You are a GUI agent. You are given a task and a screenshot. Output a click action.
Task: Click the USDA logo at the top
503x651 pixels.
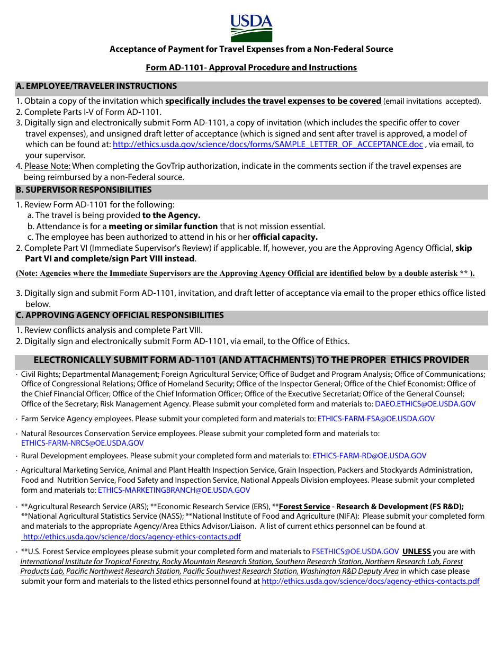(x=251, y=28)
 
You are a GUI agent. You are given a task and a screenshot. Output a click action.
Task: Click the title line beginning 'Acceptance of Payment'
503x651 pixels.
(x=251, y=49)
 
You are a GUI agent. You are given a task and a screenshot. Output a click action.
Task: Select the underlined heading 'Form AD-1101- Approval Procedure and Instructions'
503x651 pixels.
(x=251, y=68)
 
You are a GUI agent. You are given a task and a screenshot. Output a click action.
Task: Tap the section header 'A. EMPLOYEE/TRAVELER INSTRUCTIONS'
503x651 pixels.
(x=96, y=86)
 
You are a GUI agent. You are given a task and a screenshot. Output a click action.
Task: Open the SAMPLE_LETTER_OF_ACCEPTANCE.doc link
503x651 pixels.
(x=268, y=144)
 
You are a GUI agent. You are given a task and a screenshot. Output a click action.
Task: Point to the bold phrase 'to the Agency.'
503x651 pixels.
(x=171, y=215)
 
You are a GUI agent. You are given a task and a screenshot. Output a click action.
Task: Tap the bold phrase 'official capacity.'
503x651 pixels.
(x=285, y=237)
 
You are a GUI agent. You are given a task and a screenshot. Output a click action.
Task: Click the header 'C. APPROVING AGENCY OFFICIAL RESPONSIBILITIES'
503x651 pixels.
(x=120, y=315)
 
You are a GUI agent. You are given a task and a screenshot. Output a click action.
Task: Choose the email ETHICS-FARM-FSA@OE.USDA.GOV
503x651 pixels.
(x=376, y=419)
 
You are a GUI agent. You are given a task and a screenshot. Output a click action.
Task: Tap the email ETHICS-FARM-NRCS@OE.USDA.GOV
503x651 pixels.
(x=82, y=444)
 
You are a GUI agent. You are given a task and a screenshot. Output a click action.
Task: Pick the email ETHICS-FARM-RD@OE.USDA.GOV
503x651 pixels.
(x=370, y=456)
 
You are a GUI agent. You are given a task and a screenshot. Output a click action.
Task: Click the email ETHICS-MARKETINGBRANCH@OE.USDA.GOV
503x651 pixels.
(x=174, y=491)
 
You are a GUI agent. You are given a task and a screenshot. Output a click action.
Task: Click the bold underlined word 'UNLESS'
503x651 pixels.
(x=417, y=551)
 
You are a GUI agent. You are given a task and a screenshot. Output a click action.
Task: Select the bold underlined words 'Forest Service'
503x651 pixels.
(x=304, y=507)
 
